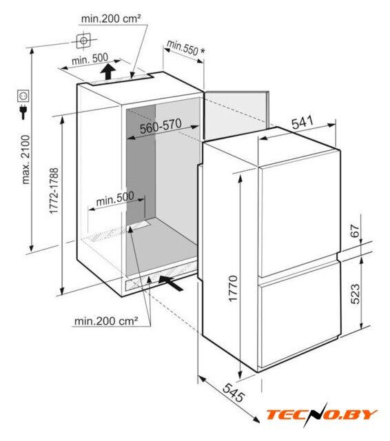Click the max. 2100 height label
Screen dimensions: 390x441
pyautogui.click(x=25, y=159)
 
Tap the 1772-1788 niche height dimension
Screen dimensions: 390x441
pyautogui.click(x=54, y=191)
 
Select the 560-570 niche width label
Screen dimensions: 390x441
pyautogui.click(x=161, y=126)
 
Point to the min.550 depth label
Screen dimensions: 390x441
pyautogui.click(x=183, y=48)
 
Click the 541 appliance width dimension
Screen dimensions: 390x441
pyautogui.click(x=302, y=123)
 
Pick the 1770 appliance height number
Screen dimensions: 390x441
pyautogui.click(x=234, y=289)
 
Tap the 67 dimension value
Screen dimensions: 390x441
pyautogui.click(x=356, y=231)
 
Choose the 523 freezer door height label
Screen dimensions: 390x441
pyautogui.click(x=356, y=294)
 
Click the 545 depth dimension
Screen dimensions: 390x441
pyautogui.click(x=234, y=393)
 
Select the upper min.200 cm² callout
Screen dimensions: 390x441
pyautogui.click(x=111, y=19)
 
